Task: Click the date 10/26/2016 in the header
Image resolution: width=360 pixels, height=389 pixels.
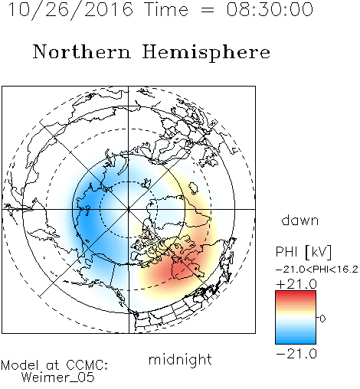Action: pos(70,9)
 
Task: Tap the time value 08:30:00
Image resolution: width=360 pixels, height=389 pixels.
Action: pos(270,9)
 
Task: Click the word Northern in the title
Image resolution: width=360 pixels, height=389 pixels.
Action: pos(81,51)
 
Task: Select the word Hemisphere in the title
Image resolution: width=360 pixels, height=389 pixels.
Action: pos(206,53)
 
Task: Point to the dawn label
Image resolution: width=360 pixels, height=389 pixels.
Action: pos(300,220)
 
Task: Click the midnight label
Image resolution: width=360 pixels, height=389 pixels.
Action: pos(180,359)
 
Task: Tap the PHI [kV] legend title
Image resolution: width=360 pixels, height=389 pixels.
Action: pos(303,252)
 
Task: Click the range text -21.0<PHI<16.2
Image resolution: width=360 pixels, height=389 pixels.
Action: pos(317,270)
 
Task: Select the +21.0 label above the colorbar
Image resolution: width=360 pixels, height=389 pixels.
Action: pos(296,284)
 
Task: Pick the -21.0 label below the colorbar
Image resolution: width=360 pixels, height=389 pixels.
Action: pos(296,354)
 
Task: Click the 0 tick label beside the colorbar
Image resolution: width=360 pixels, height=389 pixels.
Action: pos(322,319)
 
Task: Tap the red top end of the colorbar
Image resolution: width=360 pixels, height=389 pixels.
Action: pos(296,293)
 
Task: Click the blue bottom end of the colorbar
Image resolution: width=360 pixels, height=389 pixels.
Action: pos(296,342)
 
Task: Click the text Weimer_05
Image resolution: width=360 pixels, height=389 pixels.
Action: pos(58,377)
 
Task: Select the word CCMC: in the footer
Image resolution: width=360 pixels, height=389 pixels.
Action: pos(87,365)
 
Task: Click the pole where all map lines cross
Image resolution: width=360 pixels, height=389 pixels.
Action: pos(129,209)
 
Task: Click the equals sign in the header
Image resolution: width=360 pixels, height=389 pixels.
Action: pos(208,10)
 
